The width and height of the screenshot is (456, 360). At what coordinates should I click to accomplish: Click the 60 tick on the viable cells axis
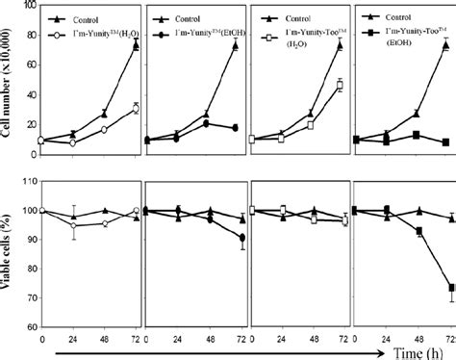pyautogui.click(x=32, y=327)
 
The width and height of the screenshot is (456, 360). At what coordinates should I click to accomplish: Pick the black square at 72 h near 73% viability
pyautogui.click(x=447, y=287)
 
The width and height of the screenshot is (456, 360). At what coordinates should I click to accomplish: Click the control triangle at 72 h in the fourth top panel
pyautogui.click(x=446, y=44)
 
